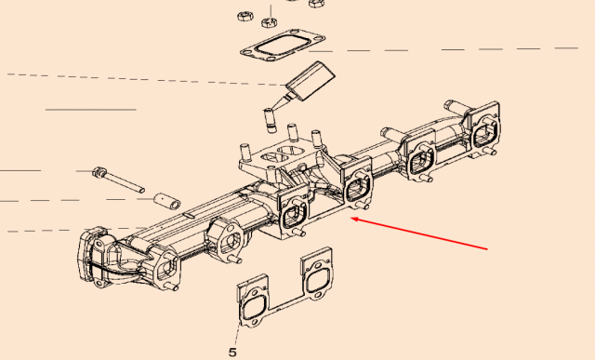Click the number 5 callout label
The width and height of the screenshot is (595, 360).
point(232,353)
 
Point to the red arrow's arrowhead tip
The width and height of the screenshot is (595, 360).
point(350,218)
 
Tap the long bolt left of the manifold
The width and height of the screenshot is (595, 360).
point(118,180)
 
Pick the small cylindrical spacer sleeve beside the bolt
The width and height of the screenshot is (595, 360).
point(167,201)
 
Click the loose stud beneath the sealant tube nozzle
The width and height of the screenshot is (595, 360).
point(269,120)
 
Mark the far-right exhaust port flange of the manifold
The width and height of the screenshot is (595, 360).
point(485,128)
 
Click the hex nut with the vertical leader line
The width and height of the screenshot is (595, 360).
point(270,22)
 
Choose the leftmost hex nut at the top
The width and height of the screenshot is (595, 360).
point(245,17)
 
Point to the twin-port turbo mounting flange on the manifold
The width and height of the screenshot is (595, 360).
point(282,158)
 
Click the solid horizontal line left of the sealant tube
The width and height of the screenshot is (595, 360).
point(91,110)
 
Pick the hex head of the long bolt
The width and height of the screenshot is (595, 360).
point(99,172)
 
